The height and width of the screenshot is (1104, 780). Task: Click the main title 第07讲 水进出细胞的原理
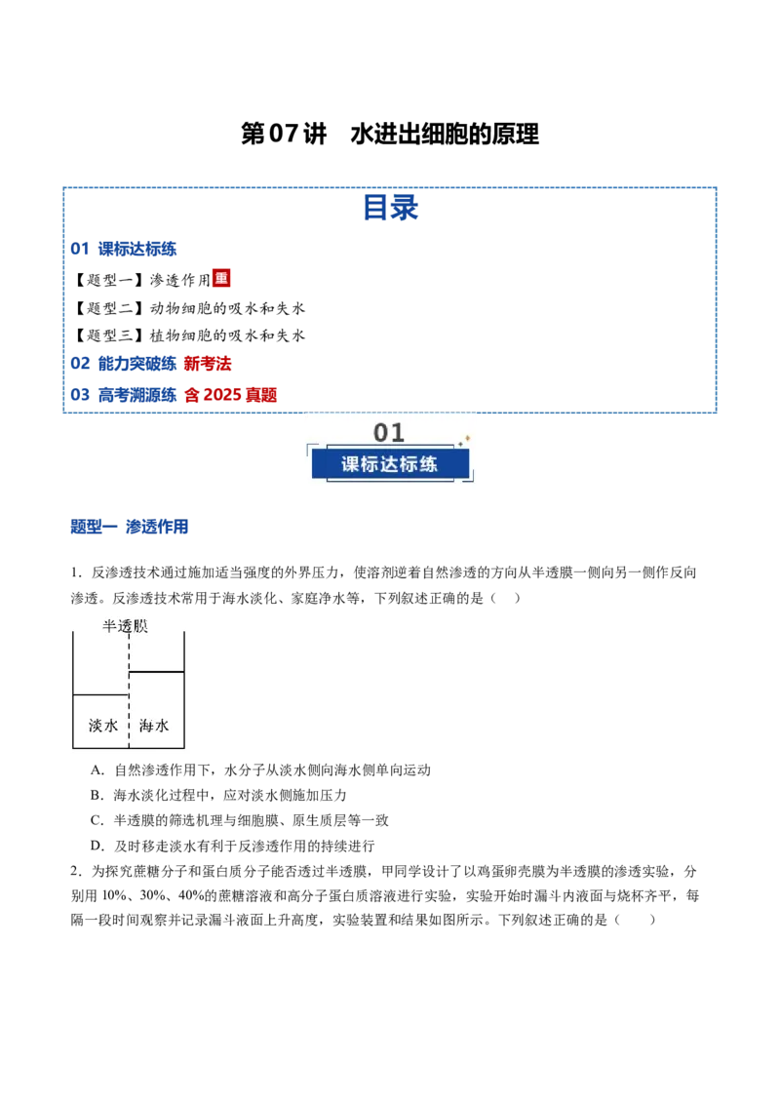coord(390,134)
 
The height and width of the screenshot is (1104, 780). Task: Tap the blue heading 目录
coord(391,208)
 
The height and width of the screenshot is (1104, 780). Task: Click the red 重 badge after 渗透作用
coord(221,278)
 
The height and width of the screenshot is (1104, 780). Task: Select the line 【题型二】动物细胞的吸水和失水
coord(189,308)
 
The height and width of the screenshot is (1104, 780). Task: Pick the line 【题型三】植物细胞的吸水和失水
coord(189,335)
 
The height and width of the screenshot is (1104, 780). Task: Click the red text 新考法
coord(208,364)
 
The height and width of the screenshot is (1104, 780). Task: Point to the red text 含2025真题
coord(231,395)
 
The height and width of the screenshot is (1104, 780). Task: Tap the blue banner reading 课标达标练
coord(390,464)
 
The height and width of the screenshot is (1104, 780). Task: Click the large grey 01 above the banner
coord(389,432)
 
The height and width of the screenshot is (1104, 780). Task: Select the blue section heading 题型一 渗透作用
coord(130,527)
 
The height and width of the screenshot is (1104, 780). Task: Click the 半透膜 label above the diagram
coord(126,626)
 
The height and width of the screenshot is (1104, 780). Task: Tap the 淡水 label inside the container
coord(102,726)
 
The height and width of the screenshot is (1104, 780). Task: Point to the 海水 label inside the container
coord(154,726)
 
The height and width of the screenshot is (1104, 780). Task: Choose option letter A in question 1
coord(97,770)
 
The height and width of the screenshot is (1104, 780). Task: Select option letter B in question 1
coord(97,796)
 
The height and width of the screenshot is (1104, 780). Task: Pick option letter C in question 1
coord(97,821)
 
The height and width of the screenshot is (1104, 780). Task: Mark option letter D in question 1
coord(97,847)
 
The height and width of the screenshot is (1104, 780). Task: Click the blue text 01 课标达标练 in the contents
coord(123,249)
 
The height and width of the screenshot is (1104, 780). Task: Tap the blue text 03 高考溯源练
coord(123,395)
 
